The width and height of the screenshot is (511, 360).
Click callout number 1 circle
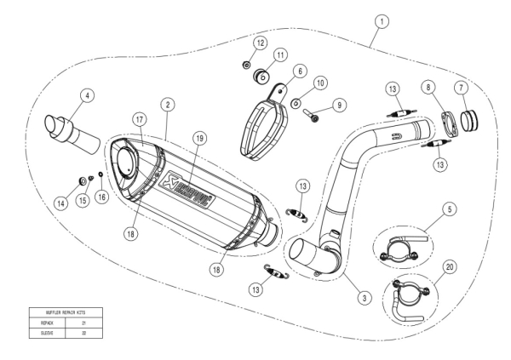click(x=383, y=19)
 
